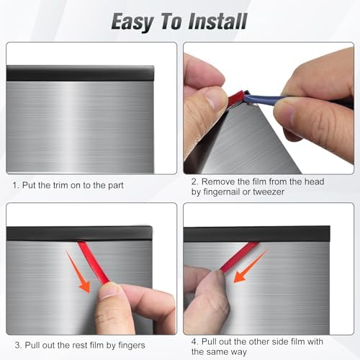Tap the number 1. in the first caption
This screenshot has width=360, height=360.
17,185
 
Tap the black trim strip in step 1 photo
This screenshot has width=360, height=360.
79,73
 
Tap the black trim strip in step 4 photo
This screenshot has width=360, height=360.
266,233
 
